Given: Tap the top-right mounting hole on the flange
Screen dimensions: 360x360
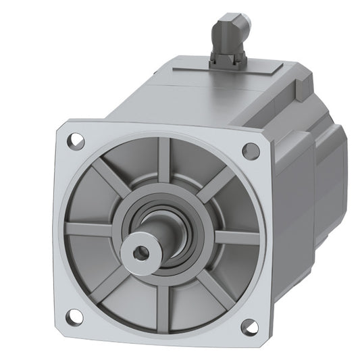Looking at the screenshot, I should tap(251, 151).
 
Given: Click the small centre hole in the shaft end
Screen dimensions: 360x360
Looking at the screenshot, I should tap(141, 253).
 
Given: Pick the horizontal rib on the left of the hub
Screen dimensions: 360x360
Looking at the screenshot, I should tap(91, 230).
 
